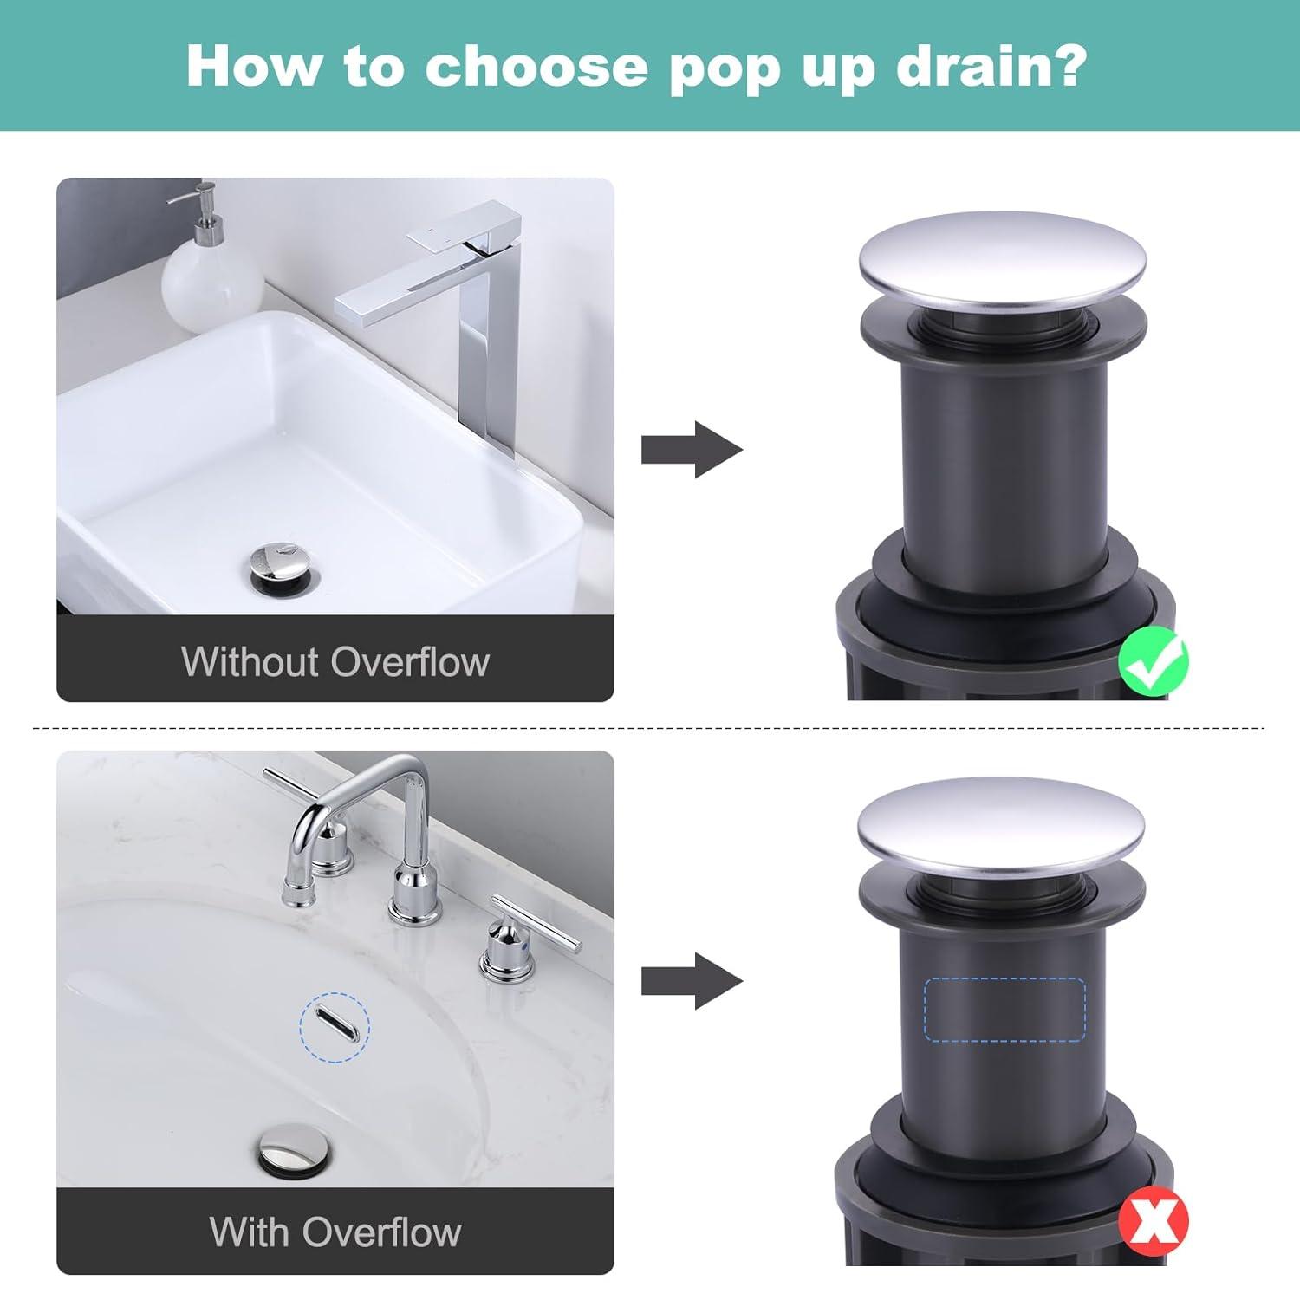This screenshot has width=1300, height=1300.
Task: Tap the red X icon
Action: coord(1154,1222)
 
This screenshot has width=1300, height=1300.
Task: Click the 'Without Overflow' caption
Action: coord(335,662)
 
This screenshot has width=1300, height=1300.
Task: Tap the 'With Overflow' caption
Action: coord(335,1232)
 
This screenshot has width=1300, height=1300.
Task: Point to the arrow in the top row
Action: coord(692,450)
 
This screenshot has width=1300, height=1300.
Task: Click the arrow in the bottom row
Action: coord(692,982)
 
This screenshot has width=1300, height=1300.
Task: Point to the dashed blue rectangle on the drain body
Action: coord(1005,1009)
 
